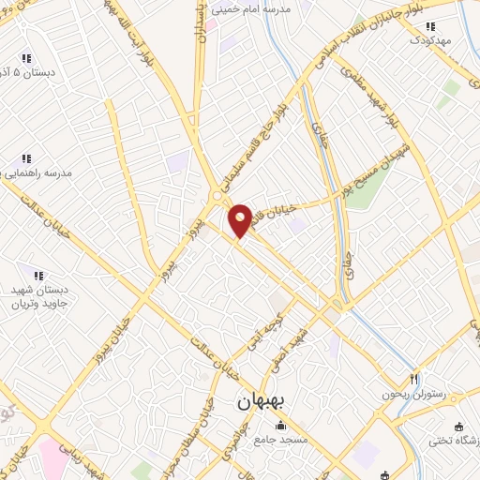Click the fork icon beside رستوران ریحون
coord(413,379)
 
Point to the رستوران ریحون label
coord(410,394)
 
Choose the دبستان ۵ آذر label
coord(28,72)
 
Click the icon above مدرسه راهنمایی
coord(26,158)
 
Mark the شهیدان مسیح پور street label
coord(376,166)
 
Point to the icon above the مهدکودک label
coord(430,26)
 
